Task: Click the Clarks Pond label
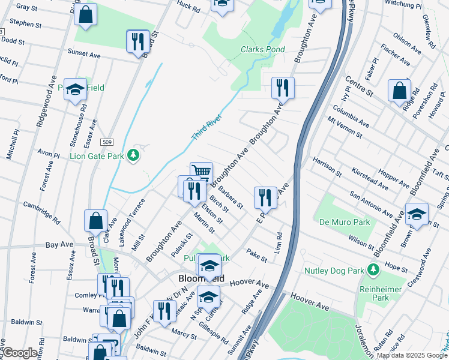(262, 49)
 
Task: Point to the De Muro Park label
(336, 221)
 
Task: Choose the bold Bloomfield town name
(202, 279)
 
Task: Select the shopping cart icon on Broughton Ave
(202, 173)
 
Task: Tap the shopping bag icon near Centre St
(399, 91)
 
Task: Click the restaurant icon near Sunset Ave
(138, 41)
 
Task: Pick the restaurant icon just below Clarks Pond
(282, 88)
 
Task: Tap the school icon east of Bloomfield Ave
(417, 214)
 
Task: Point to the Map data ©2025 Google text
(412, 355)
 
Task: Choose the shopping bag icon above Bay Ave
(96, 220)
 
